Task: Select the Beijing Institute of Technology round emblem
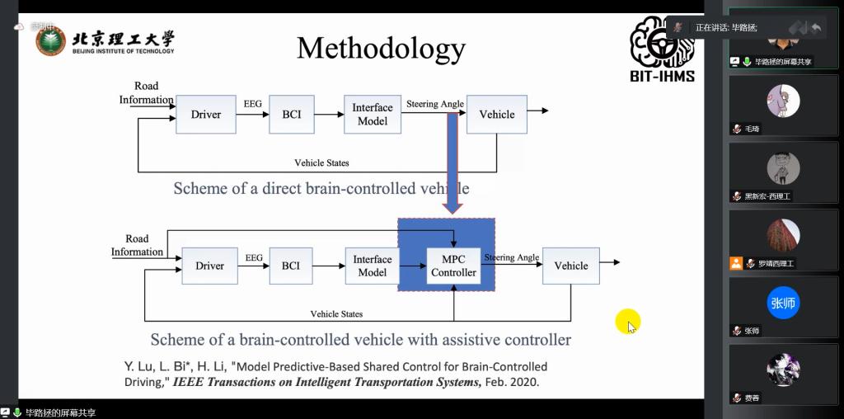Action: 51,40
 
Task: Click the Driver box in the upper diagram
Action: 206,115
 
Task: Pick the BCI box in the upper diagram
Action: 292,115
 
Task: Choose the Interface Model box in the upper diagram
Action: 373,115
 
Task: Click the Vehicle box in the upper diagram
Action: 497,115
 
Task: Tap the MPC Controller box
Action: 453,266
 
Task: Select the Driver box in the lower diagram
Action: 209,266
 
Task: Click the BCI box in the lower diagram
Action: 291,266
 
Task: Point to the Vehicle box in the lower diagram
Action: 571,266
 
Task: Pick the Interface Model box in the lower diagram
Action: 373,266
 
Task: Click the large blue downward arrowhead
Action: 452,205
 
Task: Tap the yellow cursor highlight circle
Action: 627,322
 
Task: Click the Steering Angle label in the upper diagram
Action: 435,104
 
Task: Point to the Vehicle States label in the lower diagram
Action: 336,313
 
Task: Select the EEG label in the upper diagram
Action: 252,104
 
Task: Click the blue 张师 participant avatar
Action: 783,303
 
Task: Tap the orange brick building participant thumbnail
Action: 783,235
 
